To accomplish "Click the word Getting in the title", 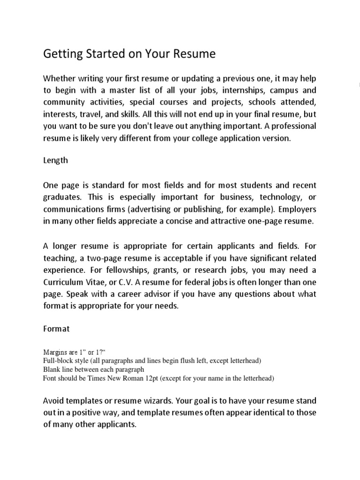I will coord(60,54).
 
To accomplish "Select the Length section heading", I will coord(55,160).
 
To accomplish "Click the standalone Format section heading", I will coord(56,329).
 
